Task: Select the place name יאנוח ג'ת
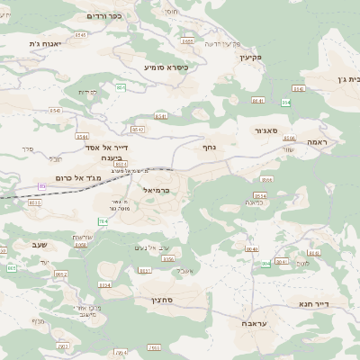pos(42,43)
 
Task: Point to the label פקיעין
pos(249,57)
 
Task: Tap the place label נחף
pos(209,146)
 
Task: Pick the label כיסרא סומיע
pos(166,67)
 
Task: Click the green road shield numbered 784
pos(103,220)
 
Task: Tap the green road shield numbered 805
pos(267,264)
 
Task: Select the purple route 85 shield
pos(41,185)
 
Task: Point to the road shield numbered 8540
pos(251,248)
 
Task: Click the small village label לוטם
pos(302,263)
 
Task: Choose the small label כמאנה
pos(254,204)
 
